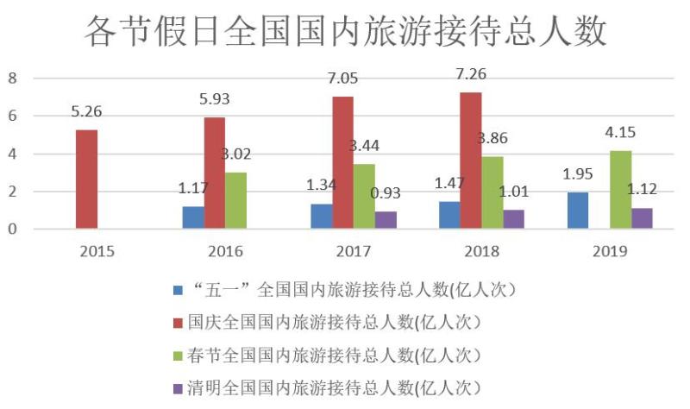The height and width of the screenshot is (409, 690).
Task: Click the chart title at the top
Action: point(345,32)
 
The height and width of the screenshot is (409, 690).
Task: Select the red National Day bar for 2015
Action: point(86,179)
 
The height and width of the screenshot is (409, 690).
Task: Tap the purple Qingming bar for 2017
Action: point(386,220)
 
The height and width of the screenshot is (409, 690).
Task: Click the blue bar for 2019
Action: point(579,211)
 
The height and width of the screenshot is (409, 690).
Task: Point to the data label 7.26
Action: point(472,74)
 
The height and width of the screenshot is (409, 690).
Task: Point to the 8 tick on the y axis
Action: point(13,79)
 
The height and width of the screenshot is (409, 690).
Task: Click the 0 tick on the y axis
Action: point(13,230)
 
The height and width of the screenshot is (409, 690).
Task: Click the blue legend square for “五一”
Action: point(179,291)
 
